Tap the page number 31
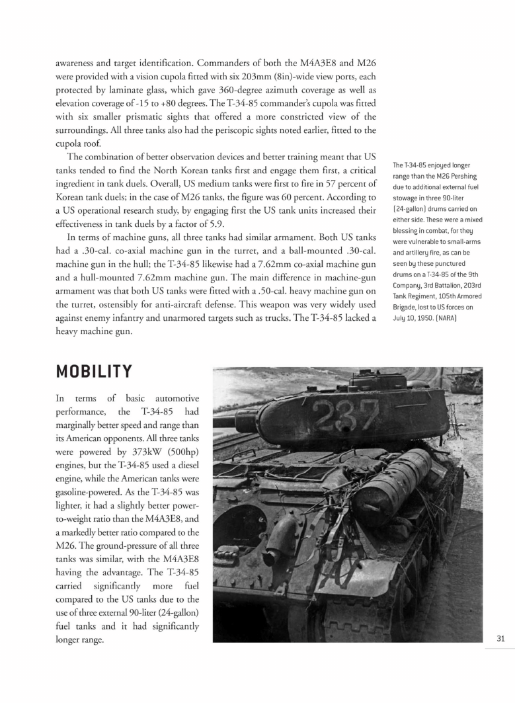(x=500, y=638)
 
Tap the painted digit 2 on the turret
(x=322, y=417)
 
